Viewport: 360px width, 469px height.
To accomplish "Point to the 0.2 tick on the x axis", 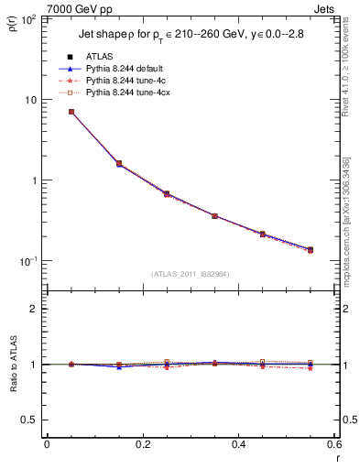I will [x=142, y=444].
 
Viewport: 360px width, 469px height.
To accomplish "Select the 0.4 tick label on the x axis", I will [x=238, y=444].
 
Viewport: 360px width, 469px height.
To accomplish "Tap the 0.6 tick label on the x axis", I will [x=333, y=444].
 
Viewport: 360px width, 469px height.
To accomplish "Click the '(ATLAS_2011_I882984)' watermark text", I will [x=191, y=273].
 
